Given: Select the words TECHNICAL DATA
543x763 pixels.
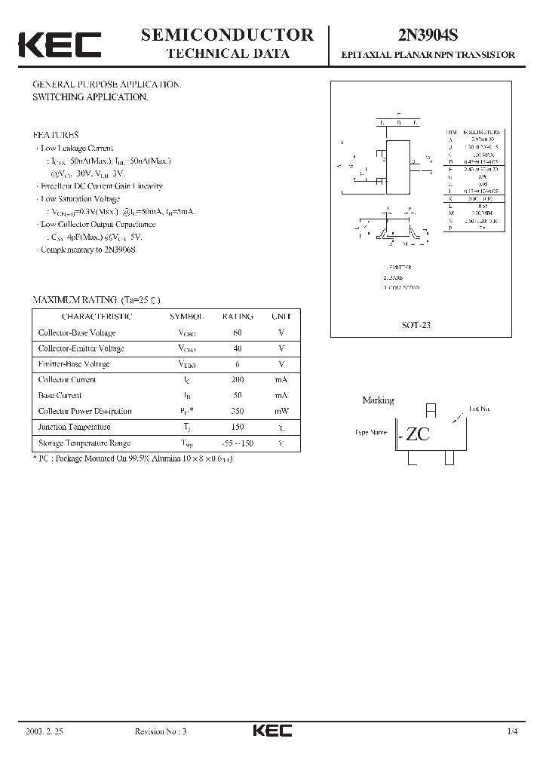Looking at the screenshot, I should tap(227, 54).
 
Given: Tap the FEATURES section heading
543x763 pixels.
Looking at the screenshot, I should tap(56, 135).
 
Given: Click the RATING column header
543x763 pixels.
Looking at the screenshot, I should tap(238, 317).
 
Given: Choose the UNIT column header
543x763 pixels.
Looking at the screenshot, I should tap(281, 317).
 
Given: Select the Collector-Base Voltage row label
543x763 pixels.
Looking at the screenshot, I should tap(76, 332).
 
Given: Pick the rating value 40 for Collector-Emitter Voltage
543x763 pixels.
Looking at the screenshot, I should tap(238, 348).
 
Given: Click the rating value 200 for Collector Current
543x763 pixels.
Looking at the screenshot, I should tap(238, 380).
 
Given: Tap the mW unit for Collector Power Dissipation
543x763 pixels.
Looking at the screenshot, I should tap(281, 412).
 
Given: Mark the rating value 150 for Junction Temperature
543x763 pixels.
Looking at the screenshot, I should tap(238, 427).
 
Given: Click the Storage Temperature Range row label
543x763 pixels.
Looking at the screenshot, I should tap(84, 443).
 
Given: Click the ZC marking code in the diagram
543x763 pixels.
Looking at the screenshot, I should tap(419, 434).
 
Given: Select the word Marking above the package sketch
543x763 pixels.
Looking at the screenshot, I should tap(378, 400).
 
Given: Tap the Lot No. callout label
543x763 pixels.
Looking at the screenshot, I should tap(479, 408).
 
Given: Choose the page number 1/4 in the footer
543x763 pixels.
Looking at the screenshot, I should tap(513, 731).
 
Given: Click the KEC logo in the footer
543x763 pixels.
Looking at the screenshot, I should tap(271, 731).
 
